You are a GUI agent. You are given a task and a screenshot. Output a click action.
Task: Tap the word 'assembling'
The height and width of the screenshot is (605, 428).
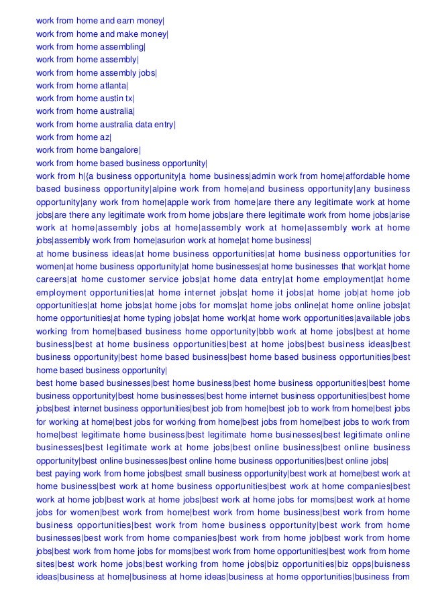121,46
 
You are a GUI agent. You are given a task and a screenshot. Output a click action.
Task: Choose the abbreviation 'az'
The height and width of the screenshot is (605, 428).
105,137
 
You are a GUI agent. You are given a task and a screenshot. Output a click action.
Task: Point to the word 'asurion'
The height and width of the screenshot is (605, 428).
174,241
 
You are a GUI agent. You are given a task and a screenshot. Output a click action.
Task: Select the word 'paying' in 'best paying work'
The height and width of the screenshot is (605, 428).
72,473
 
